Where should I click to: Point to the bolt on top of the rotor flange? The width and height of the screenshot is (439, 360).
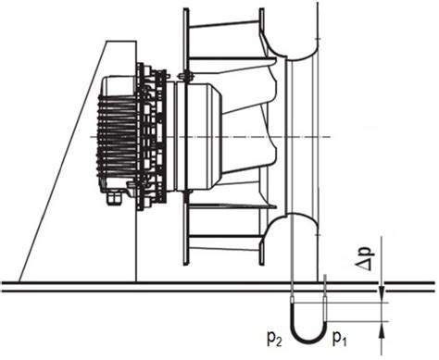point(184,73)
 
